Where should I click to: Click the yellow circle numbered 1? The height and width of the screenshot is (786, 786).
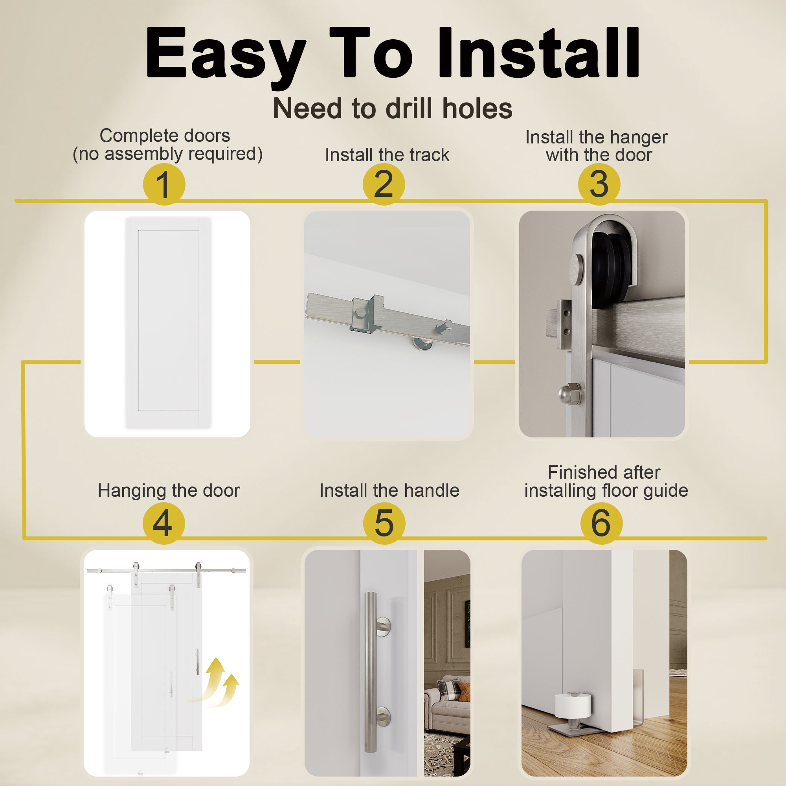tap(164, 184)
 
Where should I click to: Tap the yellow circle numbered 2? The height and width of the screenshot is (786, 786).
tap(384, 184)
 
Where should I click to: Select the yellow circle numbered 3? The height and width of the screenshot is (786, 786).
tap(599, 184)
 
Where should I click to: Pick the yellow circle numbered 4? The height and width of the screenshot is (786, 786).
tap(163, 523)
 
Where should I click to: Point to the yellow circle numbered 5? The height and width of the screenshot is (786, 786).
tap(384, 523)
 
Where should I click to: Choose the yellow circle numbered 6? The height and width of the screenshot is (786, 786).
tap(601, 523)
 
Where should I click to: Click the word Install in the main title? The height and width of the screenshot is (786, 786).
tap(538, 53)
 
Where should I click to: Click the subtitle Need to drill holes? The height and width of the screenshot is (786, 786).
tap(393, 108)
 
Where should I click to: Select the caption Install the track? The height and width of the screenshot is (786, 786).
tap(387, 155)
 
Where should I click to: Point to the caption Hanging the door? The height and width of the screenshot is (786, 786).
tap(169, 490)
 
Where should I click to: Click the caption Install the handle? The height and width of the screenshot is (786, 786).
tap(389, 490)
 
